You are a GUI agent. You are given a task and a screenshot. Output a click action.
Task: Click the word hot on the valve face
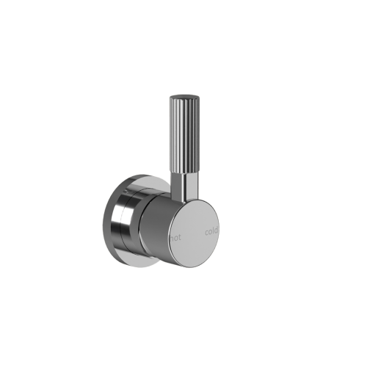(175, 237)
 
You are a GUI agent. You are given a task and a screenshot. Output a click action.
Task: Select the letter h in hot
(171, 237)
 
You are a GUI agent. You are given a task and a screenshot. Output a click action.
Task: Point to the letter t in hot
(179, 236)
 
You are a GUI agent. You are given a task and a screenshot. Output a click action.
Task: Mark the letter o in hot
(175, 237)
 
